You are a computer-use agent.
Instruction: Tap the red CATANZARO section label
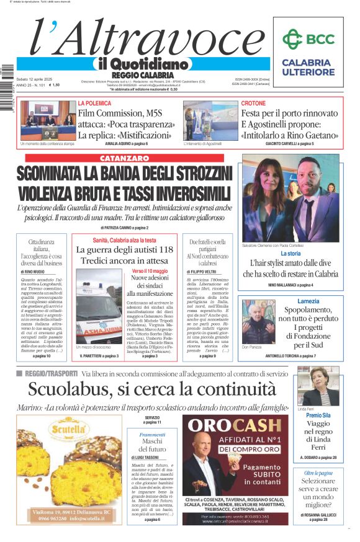(x=124, y=158)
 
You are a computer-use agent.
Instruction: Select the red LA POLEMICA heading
(x=94, y=103)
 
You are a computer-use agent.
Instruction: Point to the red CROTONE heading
(x=253, y=103)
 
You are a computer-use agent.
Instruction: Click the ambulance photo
(x=98, y=313)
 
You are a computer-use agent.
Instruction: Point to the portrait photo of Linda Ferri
(x=318, y=386)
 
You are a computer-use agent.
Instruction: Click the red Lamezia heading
(x=308, y=301)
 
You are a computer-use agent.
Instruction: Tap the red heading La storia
(x=290, y=254)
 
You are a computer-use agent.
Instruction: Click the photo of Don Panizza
(x=258, y=320)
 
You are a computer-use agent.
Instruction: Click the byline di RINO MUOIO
(x=34, y=272)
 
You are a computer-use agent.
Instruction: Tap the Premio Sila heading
(x=318, y=415)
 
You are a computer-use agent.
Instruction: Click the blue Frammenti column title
(x=152, y=435)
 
